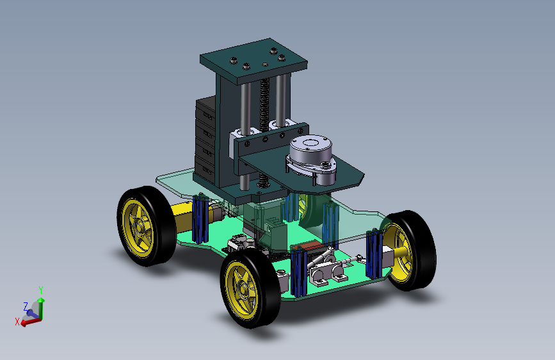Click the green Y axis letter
coord(41,291)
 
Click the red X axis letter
coord(17,322)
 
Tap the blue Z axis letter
coord(26,306)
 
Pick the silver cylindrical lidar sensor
coord(310,159)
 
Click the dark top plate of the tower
coord(253,61)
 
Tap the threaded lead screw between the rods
coord(264,106)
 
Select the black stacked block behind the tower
coord(205,140)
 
